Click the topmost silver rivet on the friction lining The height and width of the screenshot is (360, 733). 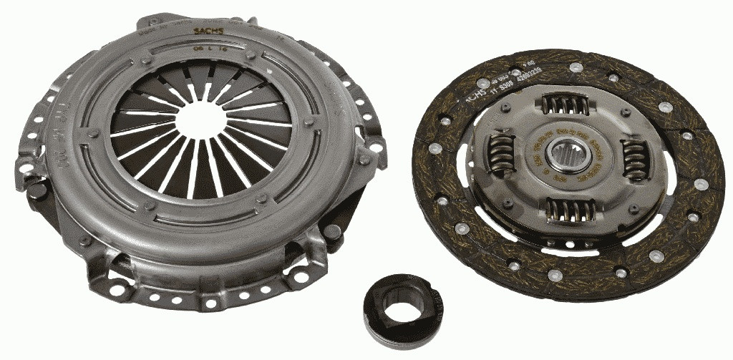click(576, 67)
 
